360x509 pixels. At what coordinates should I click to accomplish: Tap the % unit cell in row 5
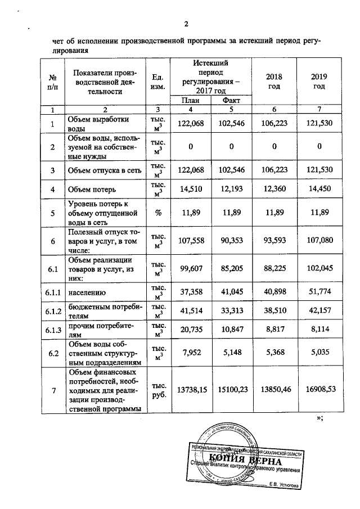[157, 214]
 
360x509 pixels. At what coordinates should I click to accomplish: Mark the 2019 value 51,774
[319, 292]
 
